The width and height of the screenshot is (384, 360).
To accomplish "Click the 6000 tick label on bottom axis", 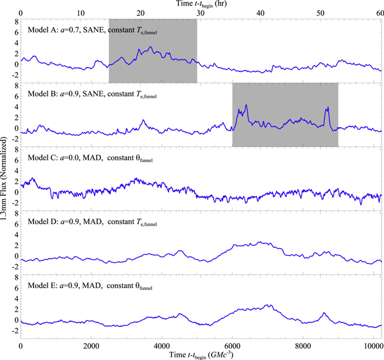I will pos(232,344).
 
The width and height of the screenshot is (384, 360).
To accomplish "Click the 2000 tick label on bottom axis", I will pos(91,344).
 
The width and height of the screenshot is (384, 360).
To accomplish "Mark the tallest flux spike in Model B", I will pos(247,105).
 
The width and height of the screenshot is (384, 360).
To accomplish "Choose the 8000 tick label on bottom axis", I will pos(303,344).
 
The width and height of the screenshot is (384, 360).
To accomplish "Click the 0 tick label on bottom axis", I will pos(21,344).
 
